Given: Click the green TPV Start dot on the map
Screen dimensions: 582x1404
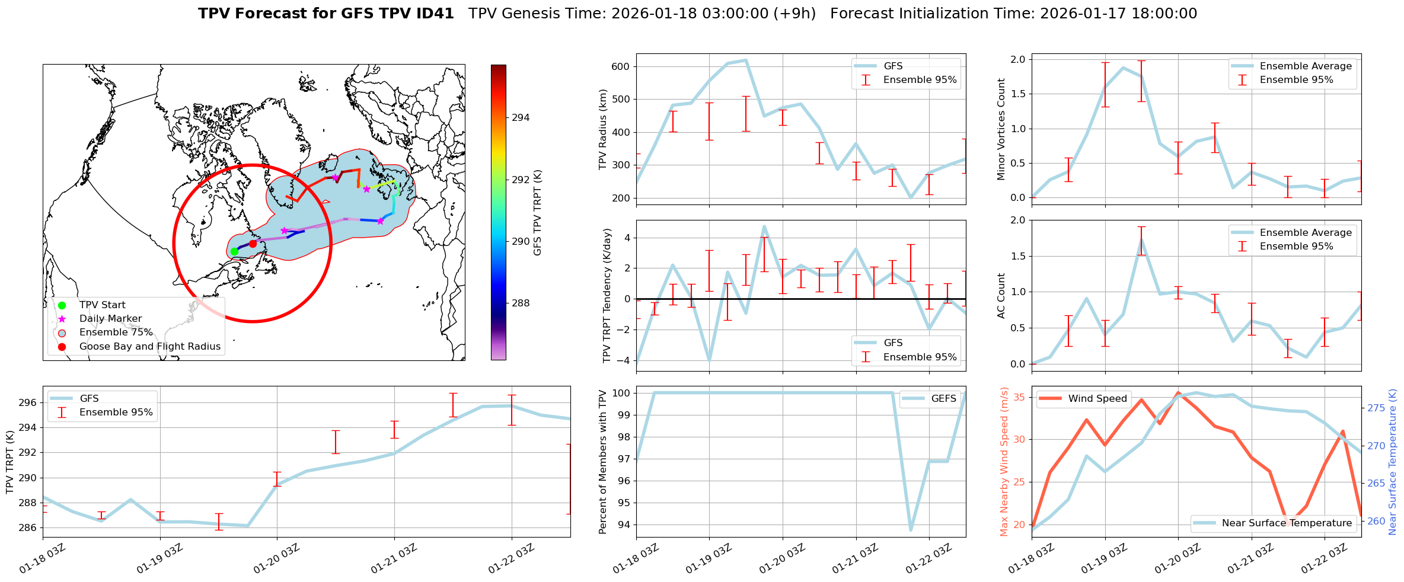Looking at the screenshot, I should tap(234, 251).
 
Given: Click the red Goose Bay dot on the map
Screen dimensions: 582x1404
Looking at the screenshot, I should tap(253, 244).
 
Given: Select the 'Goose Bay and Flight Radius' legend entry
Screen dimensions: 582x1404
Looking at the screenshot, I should tap(149, 346).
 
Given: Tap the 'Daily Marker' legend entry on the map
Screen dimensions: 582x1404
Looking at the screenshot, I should tap(110, 318).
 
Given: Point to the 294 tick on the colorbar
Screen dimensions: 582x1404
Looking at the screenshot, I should tap(521, 117).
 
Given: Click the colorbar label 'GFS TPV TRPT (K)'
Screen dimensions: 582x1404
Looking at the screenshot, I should tap(538, 212).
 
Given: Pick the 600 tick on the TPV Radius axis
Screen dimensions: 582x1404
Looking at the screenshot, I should tap(621, 66).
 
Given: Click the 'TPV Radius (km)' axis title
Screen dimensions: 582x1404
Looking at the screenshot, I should tap(604, 129).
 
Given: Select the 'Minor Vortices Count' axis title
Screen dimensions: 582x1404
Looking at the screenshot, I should tap(1001, 129).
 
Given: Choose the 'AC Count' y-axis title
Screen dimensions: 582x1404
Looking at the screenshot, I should tap(1001, 296).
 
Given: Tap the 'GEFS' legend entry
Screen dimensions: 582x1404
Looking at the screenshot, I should tap(943, 398).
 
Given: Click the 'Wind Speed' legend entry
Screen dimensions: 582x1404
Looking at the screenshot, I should tap(1097, 398).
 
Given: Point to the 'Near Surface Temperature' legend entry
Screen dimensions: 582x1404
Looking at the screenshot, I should tap(1287, 523).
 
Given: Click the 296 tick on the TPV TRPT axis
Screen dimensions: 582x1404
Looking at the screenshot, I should tap(28, 402).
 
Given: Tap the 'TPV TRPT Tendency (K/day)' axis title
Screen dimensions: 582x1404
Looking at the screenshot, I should tap(607, 296).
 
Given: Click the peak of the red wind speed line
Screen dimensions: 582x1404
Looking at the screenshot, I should tap(1178, 392).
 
